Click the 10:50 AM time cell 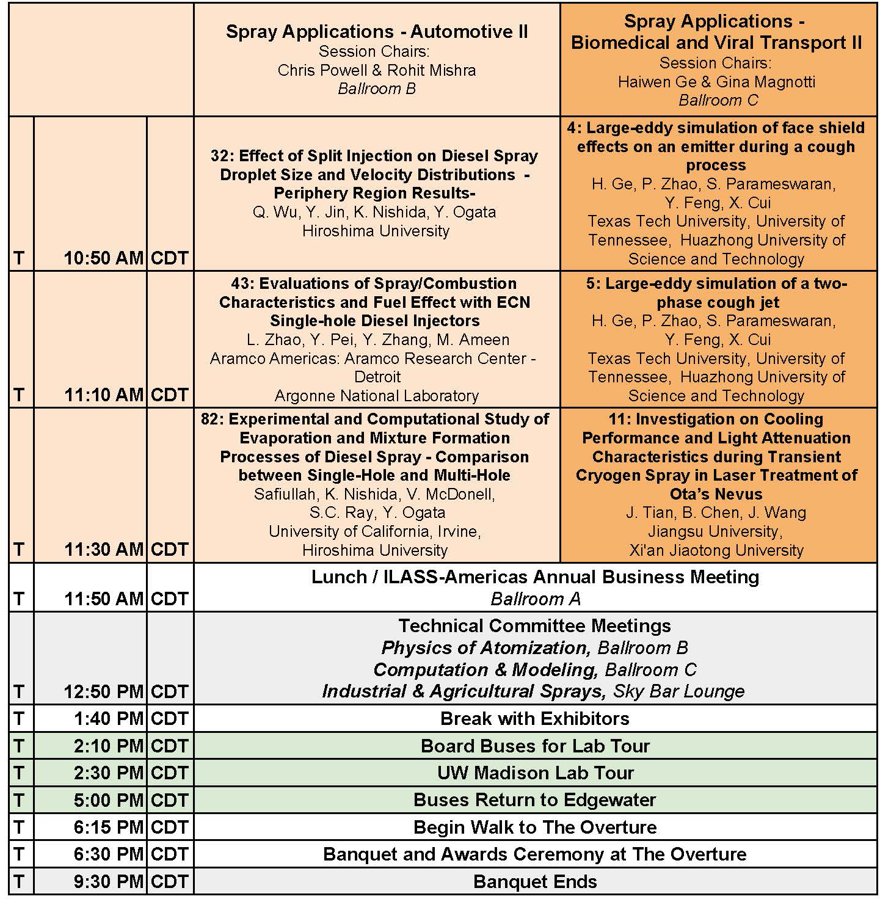[x=103, y=258]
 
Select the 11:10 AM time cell [x=103, y=395]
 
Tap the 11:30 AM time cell [x=103, y=550]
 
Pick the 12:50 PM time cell [x=103, y=691]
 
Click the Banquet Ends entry [x=535, y=881]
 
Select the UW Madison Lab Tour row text [x=535, y=773]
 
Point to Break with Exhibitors [x=535, y=718]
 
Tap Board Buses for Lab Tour [x=535, y=746]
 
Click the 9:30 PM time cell [x=108, y=881]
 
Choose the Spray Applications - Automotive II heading [x=377, y=32]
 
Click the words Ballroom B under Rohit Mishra [x=377, y=89]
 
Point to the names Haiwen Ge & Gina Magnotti [x=716, y=82]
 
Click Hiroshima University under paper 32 [x=376, y=231]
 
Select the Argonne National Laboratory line [x=376, y=396]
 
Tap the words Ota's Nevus [x=716, y=493]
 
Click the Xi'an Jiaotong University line [x=716, y=550]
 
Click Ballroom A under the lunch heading [x=535, y=599]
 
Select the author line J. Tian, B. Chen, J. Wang [x=716, y=512]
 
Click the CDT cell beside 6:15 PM [x=169, y=827]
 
